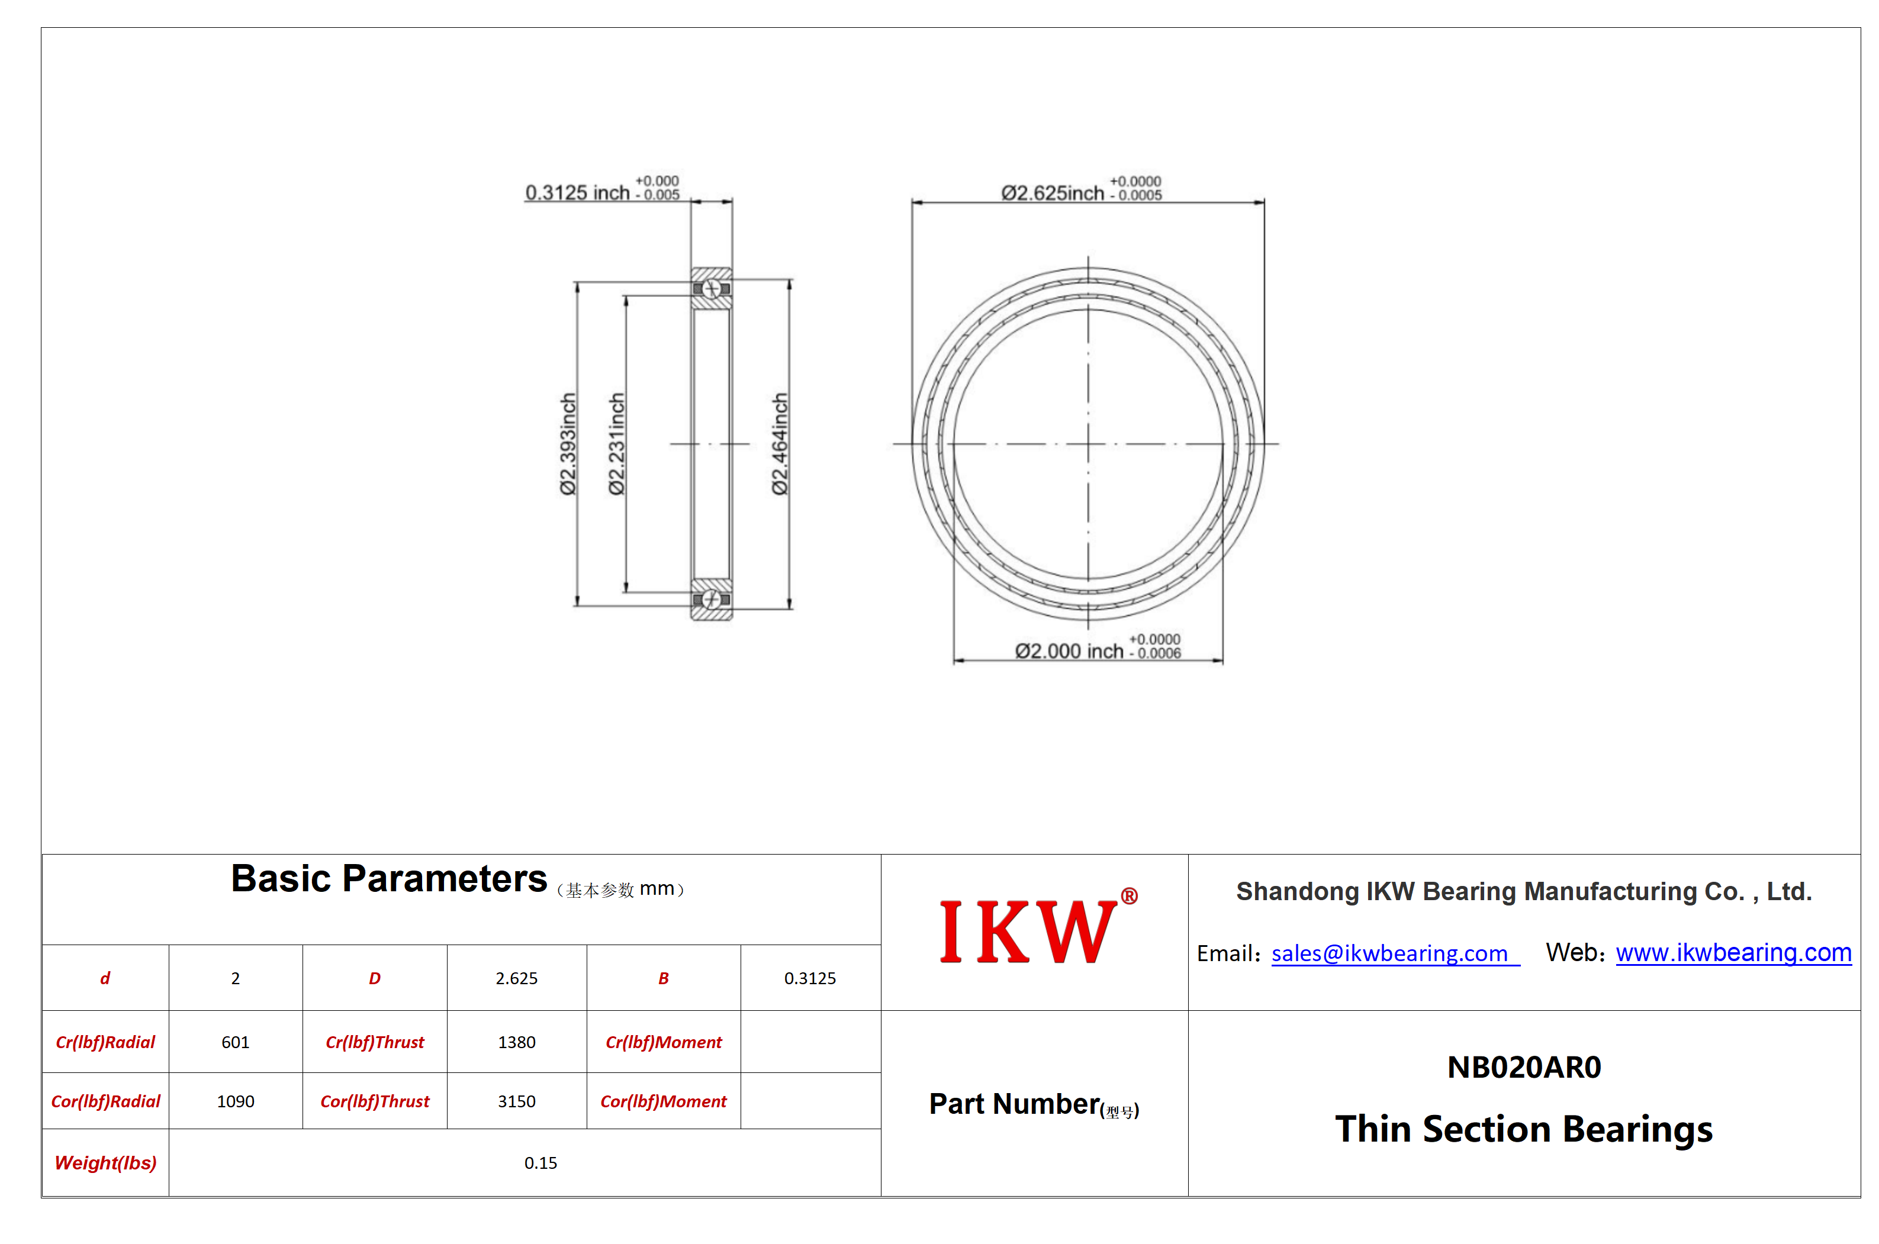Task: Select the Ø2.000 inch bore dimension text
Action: click(1098, 648)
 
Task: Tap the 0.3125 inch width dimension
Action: click(602, 189)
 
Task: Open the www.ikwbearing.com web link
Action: click(1733, 952)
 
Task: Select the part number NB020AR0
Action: click(1524, 1067)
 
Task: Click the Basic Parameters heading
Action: click(389, 878)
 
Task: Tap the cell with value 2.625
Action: click(517, 978)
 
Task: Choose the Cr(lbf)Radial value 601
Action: click(236, 1042)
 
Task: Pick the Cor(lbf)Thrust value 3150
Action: click(517, 1101)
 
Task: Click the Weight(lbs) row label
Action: click(105, 1163)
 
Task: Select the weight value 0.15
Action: click(540, 1163)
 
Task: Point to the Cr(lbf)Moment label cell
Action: click(664, 1042)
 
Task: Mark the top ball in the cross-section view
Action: click(711, 289)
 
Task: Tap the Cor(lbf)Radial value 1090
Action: click(236, 1101)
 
